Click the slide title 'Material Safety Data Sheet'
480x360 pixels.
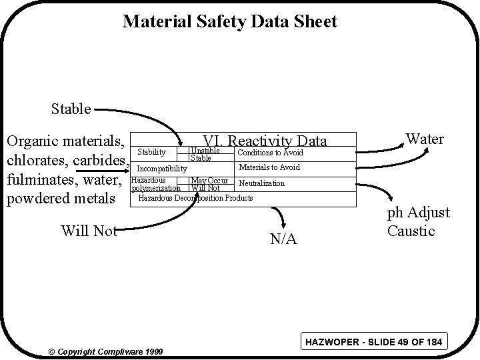230,22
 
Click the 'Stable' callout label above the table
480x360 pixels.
71,108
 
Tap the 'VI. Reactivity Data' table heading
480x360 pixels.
265,141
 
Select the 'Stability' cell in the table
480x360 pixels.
151,153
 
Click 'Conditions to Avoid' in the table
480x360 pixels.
270,153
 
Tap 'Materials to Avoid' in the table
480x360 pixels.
269,167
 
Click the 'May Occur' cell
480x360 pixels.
209,181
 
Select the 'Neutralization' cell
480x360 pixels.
261,183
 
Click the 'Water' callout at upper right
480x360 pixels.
425,139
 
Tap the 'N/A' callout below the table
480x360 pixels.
283,239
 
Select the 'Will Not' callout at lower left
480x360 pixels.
89,231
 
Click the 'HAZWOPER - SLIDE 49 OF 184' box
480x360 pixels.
373,343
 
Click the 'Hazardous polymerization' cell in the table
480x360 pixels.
156,184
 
